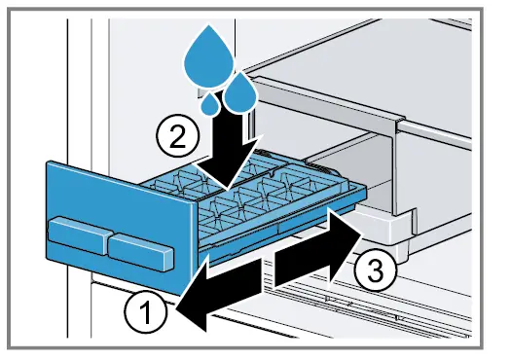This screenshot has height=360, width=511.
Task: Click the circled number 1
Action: (144, 312)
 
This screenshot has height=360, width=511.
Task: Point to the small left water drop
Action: (211, 102)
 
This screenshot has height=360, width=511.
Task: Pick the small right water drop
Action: (238, 94)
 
